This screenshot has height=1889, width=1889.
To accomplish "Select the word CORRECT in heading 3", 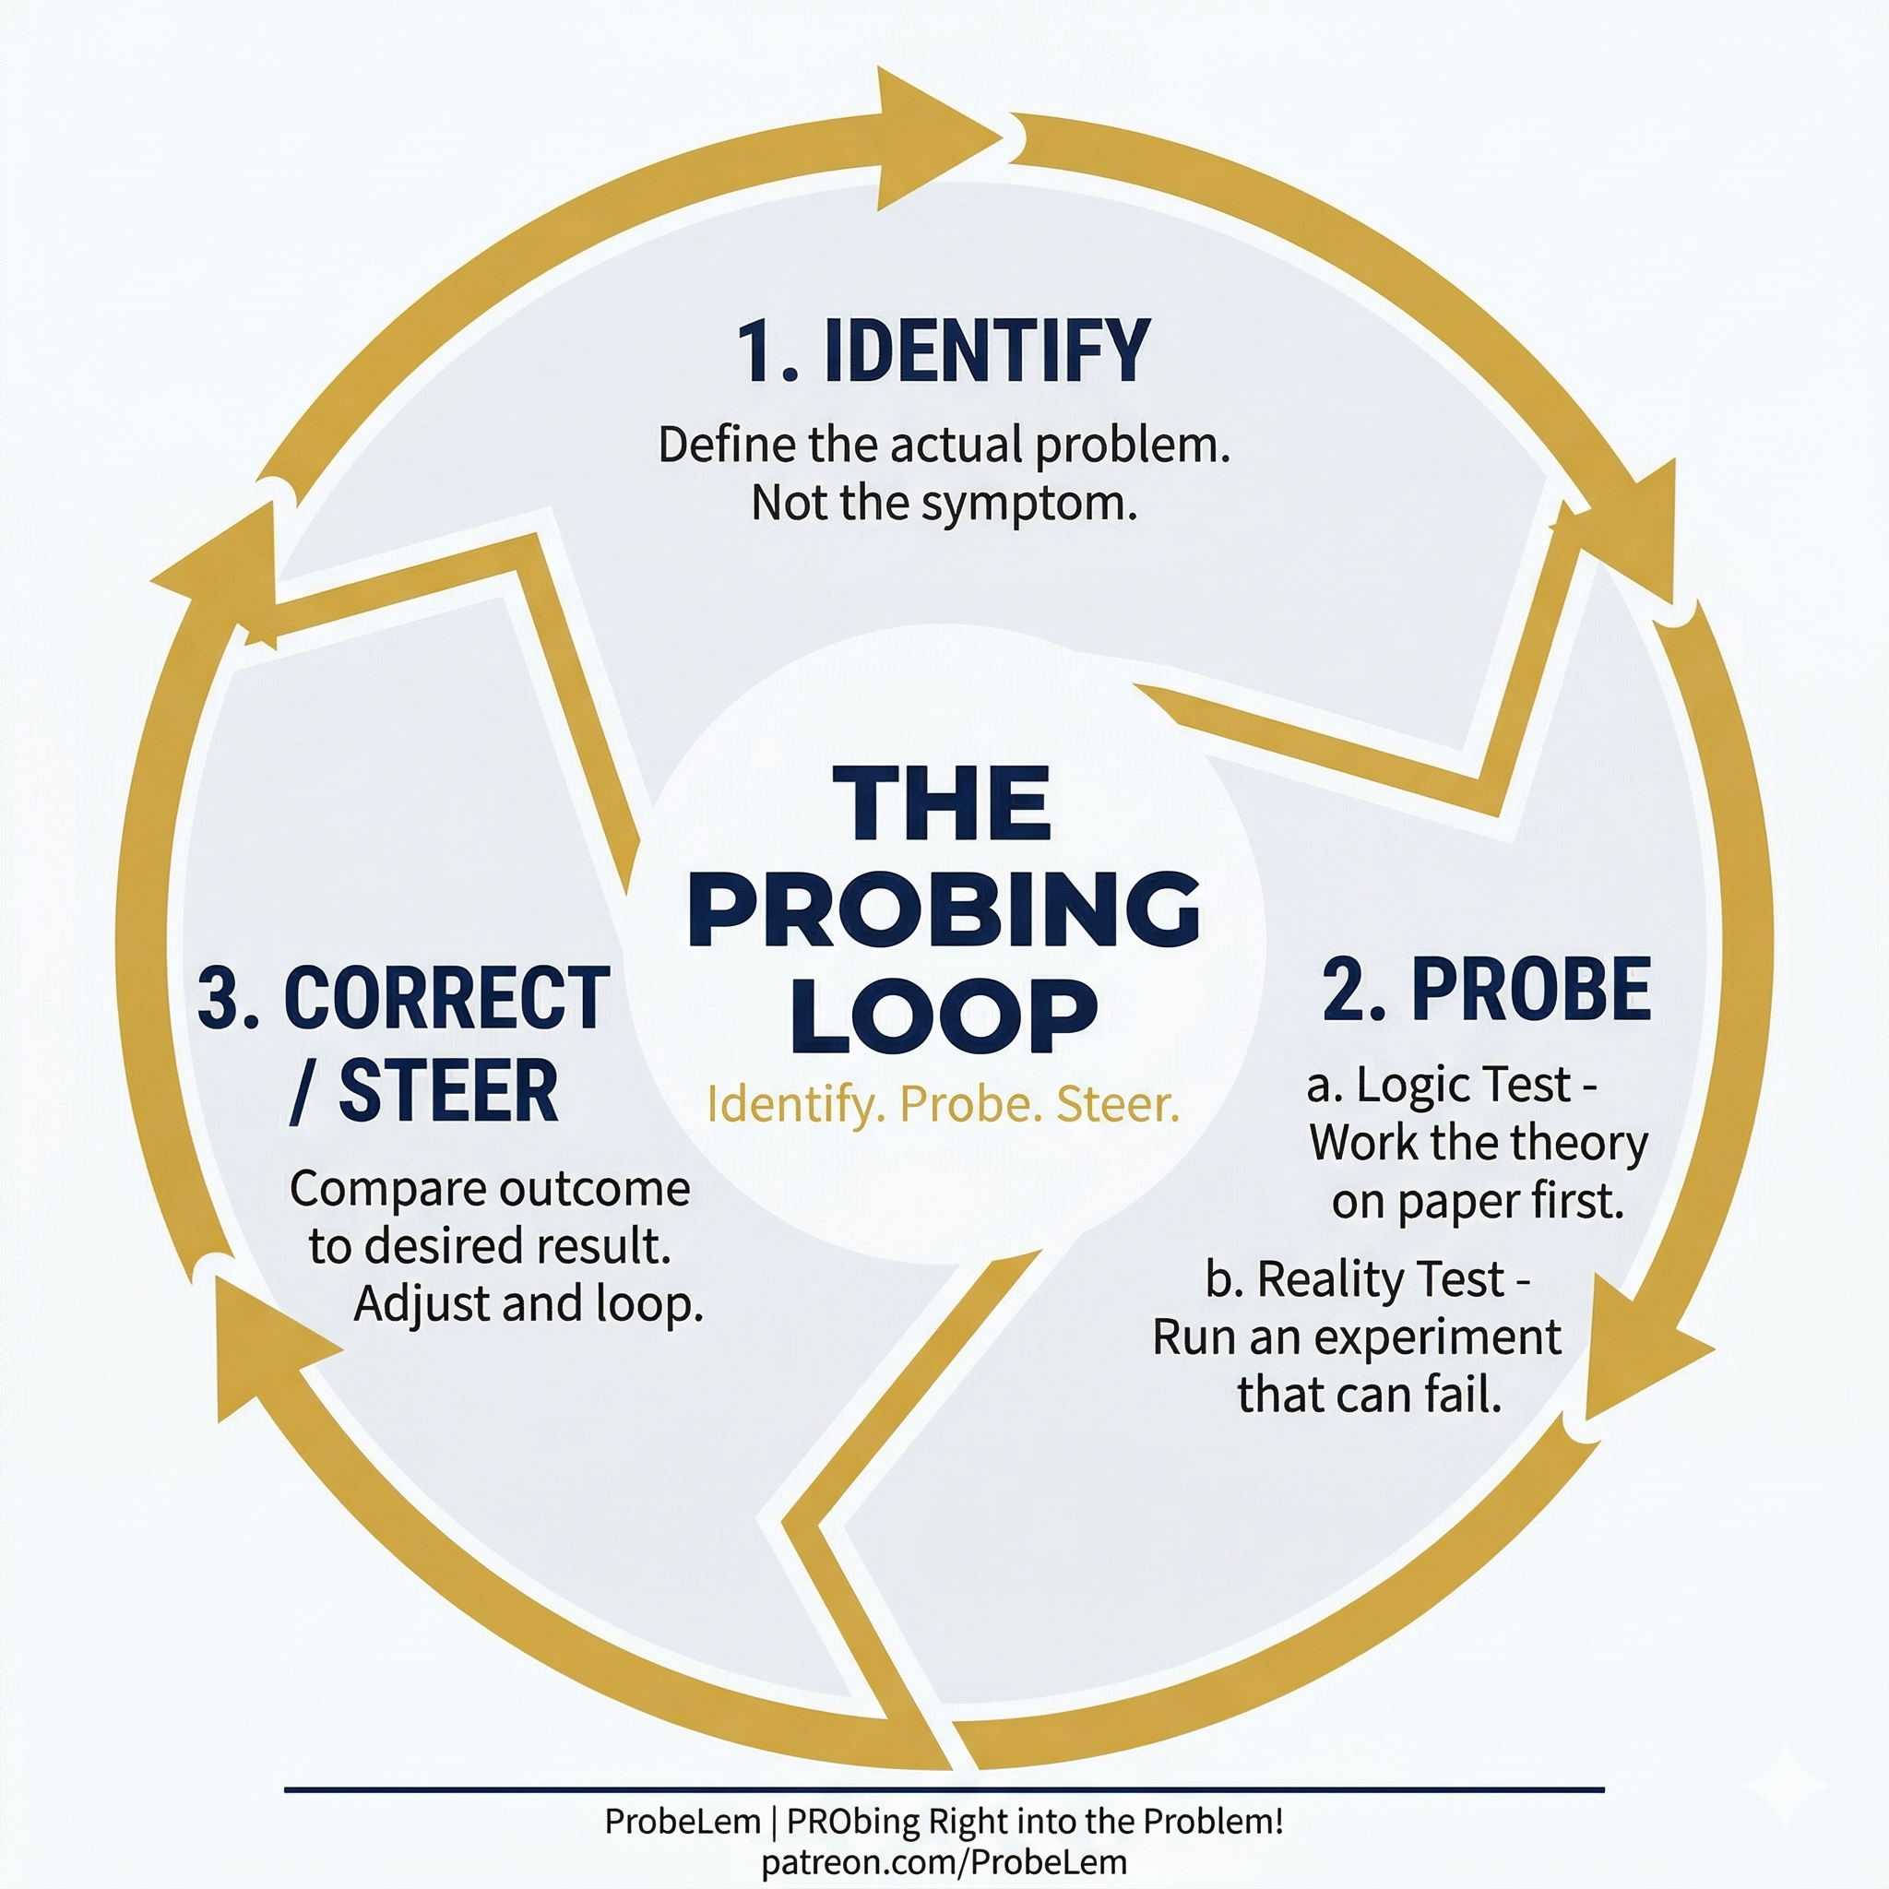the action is [446, 998].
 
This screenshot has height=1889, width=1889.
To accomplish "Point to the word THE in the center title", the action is [942, 803].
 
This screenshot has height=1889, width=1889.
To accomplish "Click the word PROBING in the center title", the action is [944, 910].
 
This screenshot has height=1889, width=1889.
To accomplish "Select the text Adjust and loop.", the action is [529, 1304].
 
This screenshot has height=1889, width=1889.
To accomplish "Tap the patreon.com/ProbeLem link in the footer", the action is [944, 1861].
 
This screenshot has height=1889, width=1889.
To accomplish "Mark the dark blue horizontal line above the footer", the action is [944, 1790].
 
